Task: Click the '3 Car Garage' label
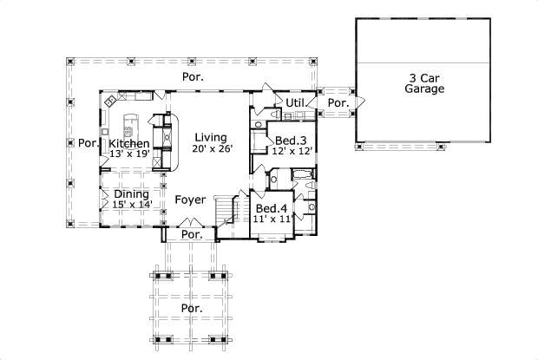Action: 426,82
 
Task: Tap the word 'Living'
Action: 210,137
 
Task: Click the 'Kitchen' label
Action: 128,143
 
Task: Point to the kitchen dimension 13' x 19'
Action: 128,154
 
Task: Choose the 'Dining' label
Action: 130,194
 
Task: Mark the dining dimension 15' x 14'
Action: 132,205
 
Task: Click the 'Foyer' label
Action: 190,200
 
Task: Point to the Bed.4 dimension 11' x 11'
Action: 272,219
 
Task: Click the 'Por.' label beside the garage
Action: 338,102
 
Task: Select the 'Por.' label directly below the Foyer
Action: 191,235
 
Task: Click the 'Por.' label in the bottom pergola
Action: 191,307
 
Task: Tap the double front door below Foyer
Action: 190,224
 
